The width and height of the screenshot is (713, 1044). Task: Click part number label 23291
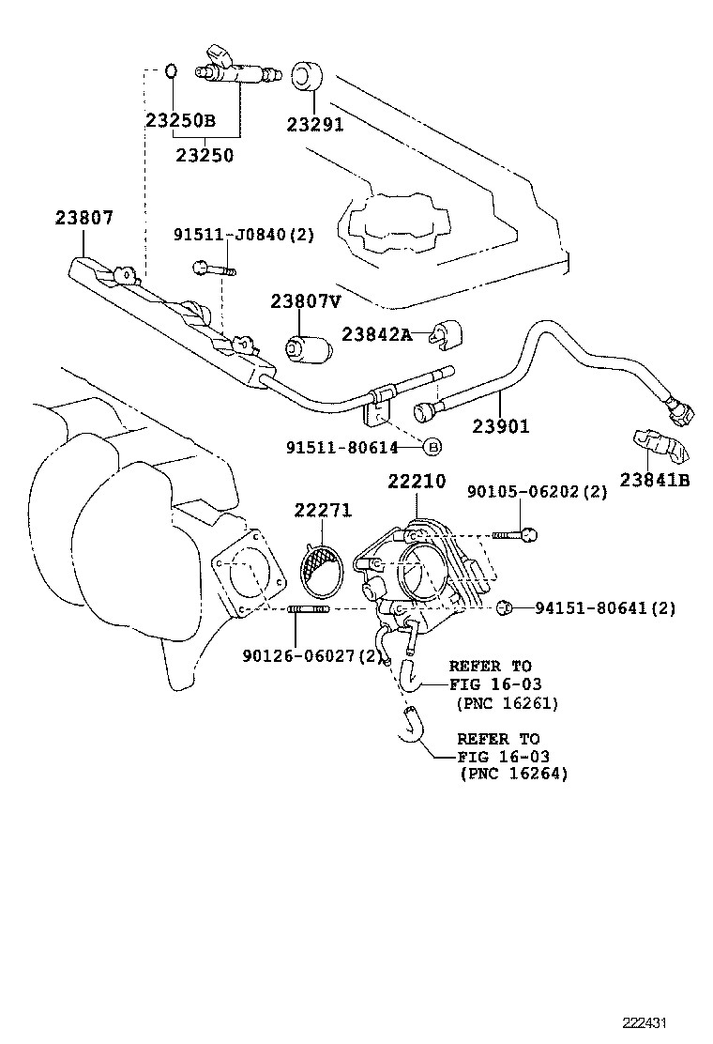[315, 124]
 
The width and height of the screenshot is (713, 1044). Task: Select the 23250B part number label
[180, 121]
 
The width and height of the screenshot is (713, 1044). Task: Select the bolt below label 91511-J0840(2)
[214, 269]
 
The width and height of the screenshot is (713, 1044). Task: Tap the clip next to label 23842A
[451, 334]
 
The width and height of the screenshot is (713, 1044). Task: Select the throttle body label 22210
[419, 482]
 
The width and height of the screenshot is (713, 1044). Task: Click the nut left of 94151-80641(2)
[504, 607]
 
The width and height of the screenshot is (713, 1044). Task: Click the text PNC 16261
[506, 702]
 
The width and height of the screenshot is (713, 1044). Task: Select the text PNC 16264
[513, 774]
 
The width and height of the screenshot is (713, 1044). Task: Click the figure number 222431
[647, 1023]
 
